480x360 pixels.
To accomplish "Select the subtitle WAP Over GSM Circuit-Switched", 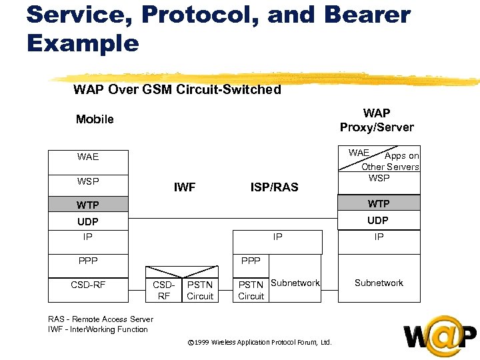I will click(x=177, y=89).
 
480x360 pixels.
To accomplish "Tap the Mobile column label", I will click(x=95, y=119).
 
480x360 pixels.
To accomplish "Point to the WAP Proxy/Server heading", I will click(x=377, y=120).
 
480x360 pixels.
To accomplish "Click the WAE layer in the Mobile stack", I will click(x=87, y=157).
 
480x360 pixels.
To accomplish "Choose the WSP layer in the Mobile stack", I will click(x=87, y=181).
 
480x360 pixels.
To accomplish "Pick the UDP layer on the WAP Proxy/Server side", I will click(x=378, y=221).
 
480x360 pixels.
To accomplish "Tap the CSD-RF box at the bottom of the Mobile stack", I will click(x=87, y=285).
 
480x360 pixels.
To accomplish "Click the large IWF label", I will click(x=185, y=187).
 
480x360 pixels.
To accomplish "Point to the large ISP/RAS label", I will click(x=274, y=187).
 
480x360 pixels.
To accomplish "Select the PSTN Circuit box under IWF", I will click(x=200, y=290).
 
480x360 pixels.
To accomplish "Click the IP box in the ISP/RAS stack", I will click(x=277, y=237).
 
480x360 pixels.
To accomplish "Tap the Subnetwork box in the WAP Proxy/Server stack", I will click(x=379, y=283).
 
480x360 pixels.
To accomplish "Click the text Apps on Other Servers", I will click(x=393, y=162).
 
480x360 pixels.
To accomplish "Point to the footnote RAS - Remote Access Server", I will click(x=101, y=319).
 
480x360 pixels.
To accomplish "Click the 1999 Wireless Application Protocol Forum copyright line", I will click(x=259, y=343).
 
